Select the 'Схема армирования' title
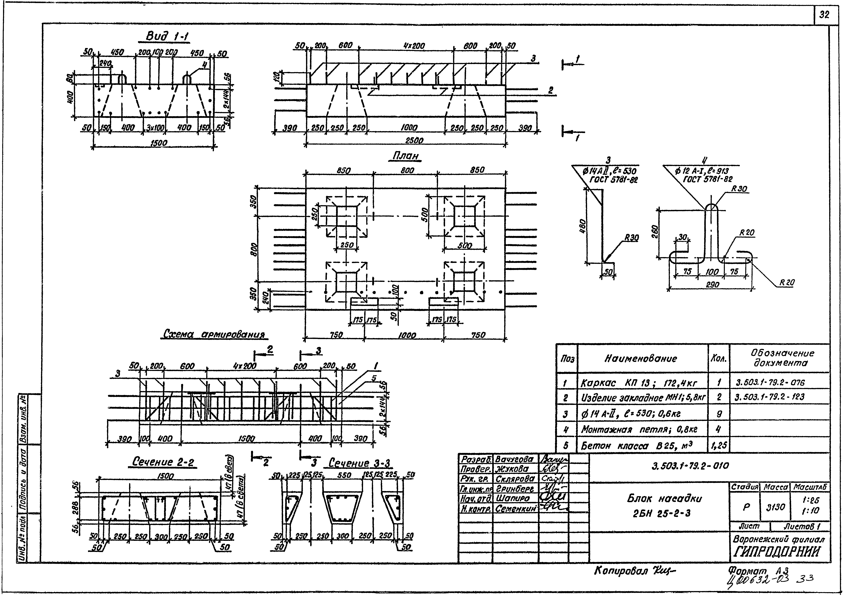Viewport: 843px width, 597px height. pyautogui.click(x=214, y=335)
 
